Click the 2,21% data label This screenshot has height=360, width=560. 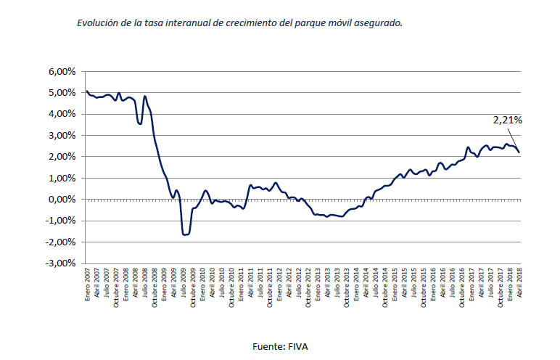click(507, 120)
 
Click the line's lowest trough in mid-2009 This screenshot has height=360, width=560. click(185, 234)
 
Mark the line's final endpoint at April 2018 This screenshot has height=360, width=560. click(519, 152)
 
